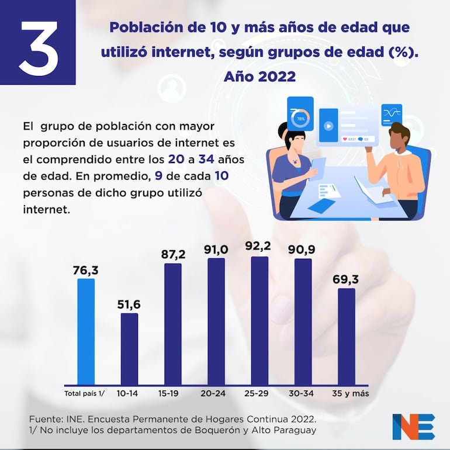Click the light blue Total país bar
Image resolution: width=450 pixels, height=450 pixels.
tap(86, 331)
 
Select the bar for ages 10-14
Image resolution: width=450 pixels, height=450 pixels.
tap(129, 349)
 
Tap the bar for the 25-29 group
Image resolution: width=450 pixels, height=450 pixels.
tap(259, 321)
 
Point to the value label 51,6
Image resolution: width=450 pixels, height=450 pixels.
tap(129, 304)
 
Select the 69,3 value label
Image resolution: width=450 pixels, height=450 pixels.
tap(347, 278)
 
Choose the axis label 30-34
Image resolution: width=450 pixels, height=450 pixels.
tap(302, 393)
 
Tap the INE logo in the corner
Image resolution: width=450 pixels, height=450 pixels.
tap(413, 426)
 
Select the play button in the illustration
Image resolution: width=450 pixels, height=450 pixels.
tap(328, 125)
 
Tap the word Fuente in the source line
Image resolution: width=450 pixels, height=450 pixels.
tap(46, 419)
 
